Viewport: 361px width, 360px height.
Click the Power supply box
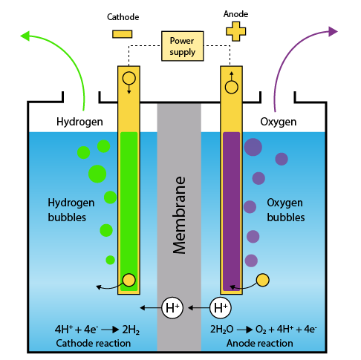(x=182, y=46)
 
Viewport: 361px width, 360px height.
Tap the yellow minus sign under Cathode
(x=122, y=34)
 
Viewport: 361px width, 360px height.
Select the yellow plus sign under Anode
(x=235, y=31)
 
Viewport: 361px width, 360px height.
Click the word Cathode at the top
(x=123, y=17)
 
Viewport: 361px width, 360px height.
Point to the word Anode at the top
(x=235, y=14)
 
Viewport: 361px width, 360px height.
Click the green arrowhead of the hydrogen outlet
(x=25, y=36)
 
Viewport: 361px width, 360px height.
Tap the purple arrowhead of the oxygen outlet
(x=333, y=31)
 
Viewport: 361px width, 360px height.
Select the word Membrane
(x=179, y=215)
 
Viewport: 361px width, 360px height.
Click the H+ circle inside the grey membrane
(x=172, y=308)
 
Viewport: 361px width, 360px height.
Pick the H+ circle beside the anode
(x=221, y=308)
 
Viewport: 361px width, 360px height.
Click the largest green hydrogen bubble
(x=97, y=174)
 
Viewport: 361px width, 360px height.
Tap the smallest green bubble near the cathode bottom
(x=110, y=260)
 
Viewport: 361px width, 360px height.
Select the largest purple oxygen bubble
(x=253, y=147)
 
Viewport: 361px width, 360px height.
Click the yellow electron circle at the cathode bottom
(x=129, y=280)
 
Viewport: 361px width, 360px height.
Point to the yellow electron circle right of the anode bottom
(x=263, y=280)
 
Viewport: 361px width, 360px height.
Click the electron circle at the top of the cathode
(x=129, y=79)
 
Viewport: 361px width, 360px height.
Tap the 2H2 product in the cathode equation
(x=131, y=330)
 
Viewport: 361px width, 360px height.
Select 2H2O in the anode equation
(x=222, y=330)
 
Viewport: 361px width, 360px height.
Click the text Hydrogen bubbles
(x=71, y=210)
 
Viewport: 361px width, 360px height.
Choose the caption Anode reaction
(x=260, y=343)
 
